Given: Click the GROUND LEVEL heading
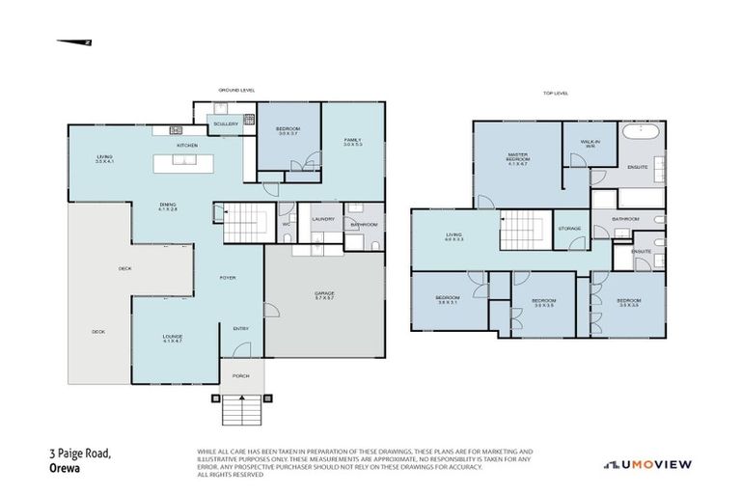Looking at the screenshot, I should (236, 90).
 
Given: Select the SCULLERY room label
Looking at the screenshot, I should (226, 123).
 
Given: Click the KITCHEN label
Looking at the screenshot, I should (187, 146).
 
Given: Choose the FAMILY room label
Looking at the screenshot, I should (352, 142).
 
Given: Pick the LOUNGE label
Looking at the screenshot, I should (172, 338).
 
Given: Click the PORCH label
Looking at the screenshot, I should (240, 377).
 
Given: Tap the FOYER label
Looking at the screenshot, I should (228, 278).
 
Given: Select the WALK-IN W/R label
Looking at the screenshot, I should (590, 144).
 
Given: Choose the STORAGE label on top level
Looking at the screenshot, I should (569, 228).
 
